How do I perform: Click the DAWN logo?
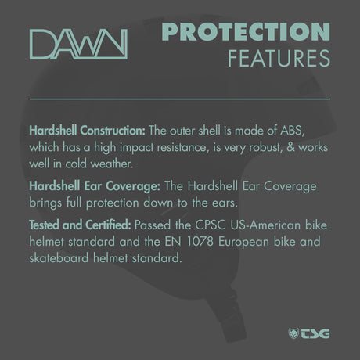[x=78, y=45]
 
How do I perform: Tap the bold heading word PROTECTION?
[x=246, y=32]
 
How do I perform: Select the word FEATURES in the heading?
[x=279, y=59]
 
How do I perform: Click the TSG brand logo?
[x=309, y=333]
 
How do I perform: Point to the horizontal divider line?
[x=180, y=99]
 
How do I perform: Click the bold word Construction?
[x=113, y=131]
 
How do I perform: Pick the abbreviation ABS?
[x=292, y=131]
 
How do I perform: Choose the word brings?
[x=45, y=203]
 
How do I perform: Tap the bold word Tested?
[x=44, y=225]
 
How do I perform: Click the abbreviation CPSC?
[x=211, y=225]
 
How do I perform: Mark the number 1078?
[x=200, y=242]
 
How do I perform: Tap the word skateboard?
[x=59, y=258]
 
